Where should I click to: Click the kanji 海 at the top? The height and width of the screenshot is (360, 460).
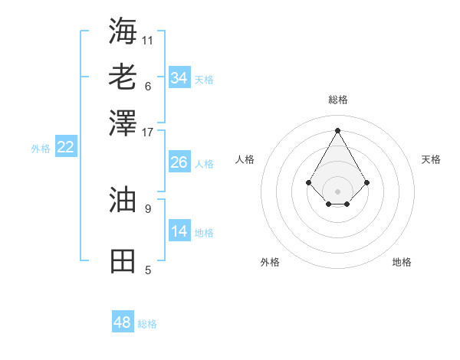point(123,31)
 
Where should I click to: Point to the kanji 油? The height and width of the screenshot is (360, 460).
point(123,199)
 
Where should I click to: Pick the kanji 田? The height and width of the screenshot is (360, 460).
point(123,261)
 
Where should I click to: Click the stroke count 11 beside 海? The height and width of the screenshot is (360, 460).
point(148,40)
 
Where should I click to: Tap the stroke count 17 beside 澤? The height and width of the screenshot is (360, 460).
point(148,132)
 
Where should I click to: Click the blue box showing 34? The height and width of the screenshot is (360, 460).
point(179,78)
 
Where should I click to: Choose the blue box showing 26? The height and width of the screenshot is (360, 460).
point(179,162)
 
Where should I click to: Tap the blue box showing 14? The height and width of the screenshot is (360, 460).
point(179,231)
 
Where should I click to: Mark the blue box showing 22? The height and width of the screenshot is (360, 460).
point(65,148)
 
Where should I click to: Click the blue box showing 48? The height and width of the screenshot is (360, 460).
point(122,322)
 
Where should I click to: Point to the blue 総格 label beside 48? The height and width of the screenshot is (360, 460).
point(147,324)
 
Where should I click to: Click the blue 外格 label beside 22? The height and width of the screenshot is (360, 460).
point(40,149)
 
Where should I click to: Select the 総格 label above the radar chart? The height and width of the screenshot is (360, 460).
point(337,100)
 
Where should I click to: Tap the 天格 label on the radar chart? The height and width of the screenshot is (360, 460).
point(431,159)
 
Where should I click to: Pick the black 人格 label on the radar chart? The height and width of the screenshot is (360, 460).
point(245,159)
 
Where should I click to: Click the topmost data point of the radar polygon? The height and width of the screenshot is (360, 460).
point(337,129)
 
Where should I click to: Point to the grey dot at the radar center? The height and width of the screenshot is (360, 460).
point(337,191)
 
